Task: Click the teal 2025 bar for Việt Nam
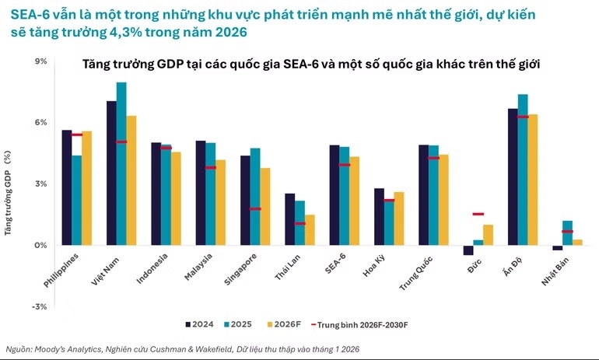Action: (x=121, y=163)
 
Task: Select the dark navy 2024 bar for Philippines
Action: (x=67, y=187)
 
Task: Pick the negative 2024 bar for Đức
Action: (x=468, y=250)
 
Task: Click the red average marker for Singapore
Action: (x=254, y=209)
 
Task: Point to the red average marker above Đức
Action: (x=478, y=214)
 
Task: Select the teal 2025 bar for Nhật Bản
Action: (x=568, y=232)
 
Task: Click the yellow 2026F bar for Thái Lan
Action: (x=310, y=229)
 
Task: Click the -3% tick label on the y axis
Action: (x=39, y=306)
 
